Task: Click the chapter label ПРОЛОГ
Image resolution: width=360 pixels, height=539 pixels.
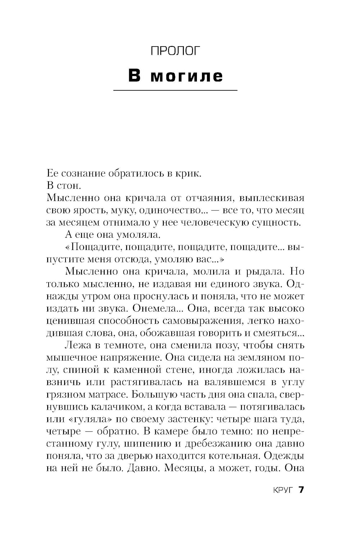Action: tap(175, 51)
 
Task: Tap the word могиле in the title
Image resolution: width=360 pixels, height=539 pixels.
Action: tap(186, 76)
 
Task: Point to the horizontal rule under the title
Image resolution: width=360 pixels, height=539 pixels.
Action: tap(175, 90)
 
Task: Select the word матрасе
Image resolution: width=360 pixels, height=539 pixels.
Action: tap(106, 394)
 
